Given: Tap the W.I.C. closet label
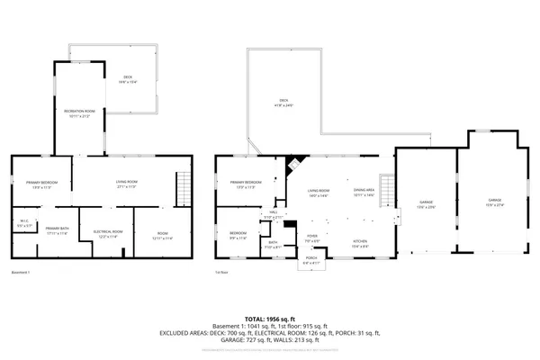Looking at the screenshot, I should tap(24, 225).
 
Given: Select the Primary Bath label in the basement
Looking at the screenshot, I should tap(58, 231).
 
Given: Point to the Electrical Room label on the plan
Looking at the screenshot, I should tap(108, 233).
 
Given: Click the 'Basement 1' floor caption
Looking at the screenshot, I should tap(21, 273).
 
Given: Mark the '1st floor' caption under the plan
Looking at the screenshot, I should tap(221, 273).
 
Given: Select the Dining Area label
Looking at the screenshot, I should tap(364, 192).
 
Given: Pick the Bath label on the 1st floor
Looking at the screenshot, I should tap(273, 244).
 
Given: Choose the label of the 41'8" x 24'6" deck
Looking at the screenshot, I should tap(283, 102).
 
